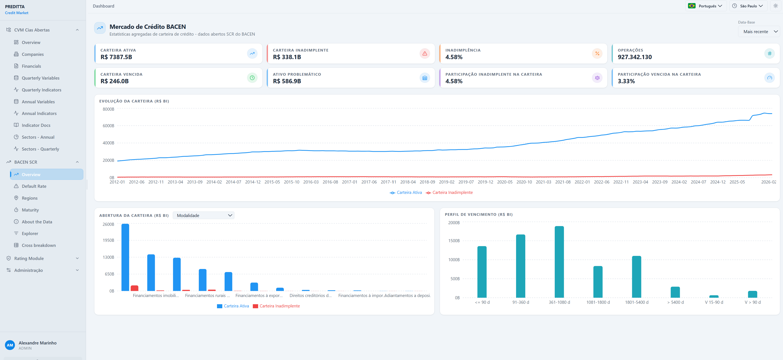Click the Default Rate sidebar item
(x=34, y=186)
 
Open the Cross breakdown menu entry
(x=39, y=245)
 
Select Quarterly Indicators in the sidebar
(x=41, y=90)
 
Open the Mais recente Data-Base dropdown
(x=759, y=32)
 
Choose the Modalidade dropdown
(x=203, y=215)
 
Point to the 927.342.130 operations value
(x=635, y=57)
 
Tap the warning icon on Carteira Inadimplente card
(x=425, y=53)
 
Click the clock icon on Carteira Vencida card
(x=252, y=78)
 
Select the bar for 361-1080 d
(x=559, y=262)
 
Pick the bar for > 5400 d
(x=675, y=292)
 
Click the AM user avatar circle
(x=10, y=345)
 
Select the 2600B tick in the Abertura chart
(x=108, y=224)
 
